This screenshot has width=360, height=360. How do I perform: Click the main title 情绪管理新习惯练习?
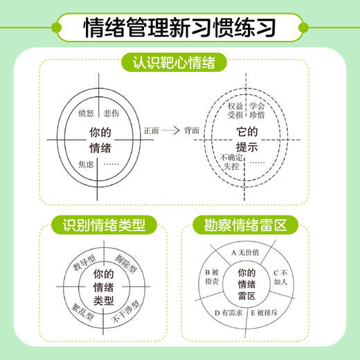point(179,27)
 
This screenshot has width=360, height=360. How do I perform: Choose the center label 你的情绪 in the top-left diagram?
point(100,138)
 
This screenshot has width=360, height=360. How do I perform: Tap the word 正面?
point(150,129)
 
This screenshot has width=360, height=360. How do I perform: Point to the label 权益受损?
point(235,111)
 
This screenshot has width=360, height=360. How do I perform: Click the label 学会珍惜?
point(258,111)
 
